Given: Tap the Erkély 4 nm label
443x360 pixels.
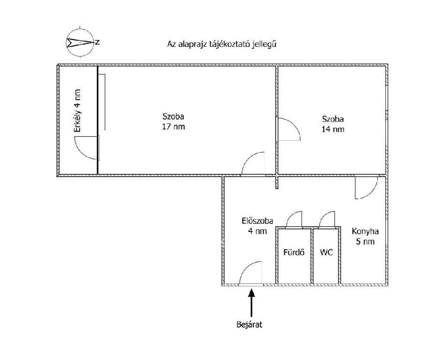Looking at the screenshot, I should point(78,112).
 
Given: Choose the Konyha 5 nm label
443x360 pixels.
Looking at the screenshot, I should point(365,237).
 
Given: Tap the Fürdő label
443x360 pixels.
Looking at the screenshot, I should point(294,253).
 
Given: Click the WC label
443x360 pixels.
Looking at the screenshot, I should point(327,253).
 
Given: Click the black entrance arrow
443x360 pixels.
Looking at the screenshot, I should point(251,302).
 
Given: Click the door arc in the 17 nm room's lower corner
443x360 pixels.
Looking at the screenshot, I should point(253,163).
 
